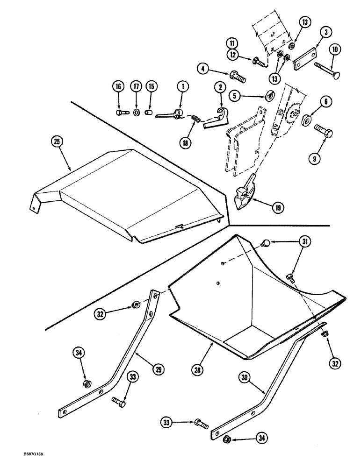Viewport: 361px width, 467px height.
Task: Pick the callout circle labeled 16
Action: click(118, 86)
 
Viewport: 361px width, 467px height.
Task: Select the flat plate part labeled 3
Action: click(304, 60)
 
